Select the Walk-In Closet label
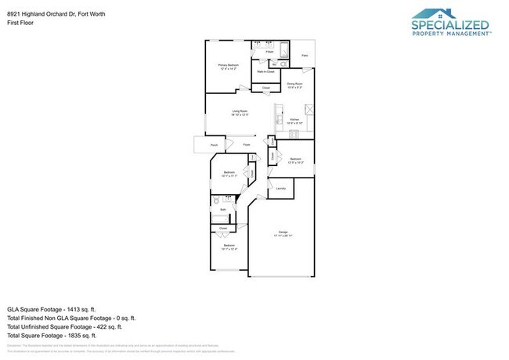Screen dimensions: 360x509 [x=265, y=71]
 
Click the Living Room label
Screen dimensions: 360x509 [x=240, y=113]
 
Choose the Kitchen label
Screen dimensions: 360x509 [x=294, y=120]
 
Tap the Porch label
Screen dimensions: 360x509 [x=213, y=146]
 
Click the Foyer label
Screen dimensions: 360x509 [x=246, y=146]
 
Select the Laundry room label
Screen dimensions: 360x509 [x=280, y=189]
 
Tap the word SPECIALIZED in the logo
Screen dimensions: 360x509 [x=450, y=25]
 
